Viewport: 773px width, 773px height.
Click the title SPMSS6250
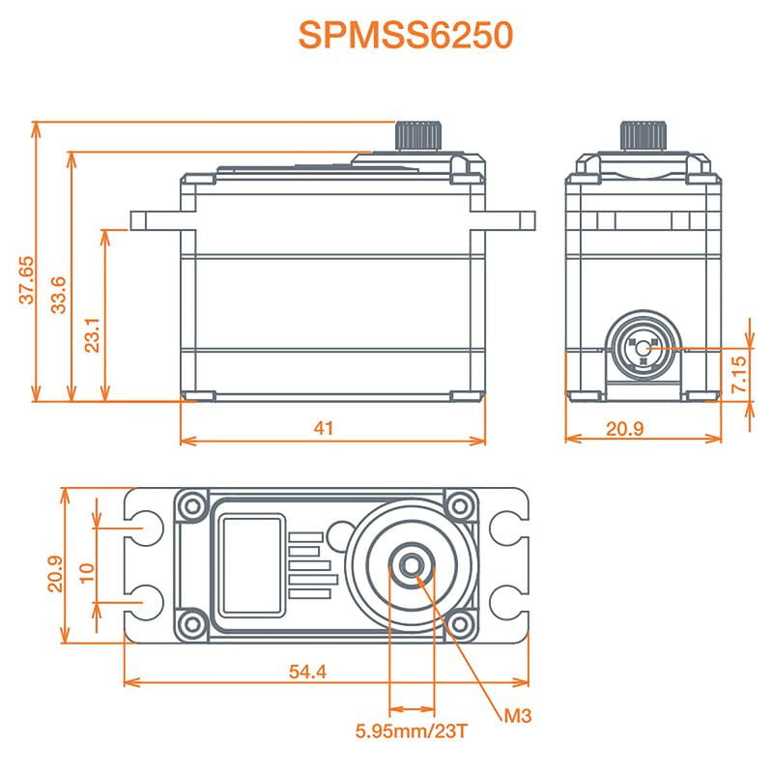[405, 35]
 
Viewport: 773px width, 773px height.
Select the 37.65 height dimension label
[27, 279]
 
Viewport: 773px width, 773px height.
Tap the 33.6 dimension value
[59, 294]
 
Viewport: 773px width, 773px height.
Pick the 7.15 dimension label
[739, 374]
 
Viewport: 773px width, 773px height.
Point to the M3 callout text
[518, 716]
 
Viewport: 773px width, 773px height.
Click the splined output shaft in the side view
[418, 135]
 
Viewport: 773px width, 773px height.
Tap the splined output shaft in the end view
[644, 135]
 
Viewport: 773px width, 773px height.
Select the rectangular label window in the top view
[251, 565]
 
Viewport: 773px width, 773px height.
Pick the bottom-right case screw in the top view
[463, 621]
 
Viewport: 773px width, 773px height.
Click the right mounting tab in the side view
[510, 219]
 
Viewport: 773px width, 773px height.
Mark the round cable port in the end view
[644, 348]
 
